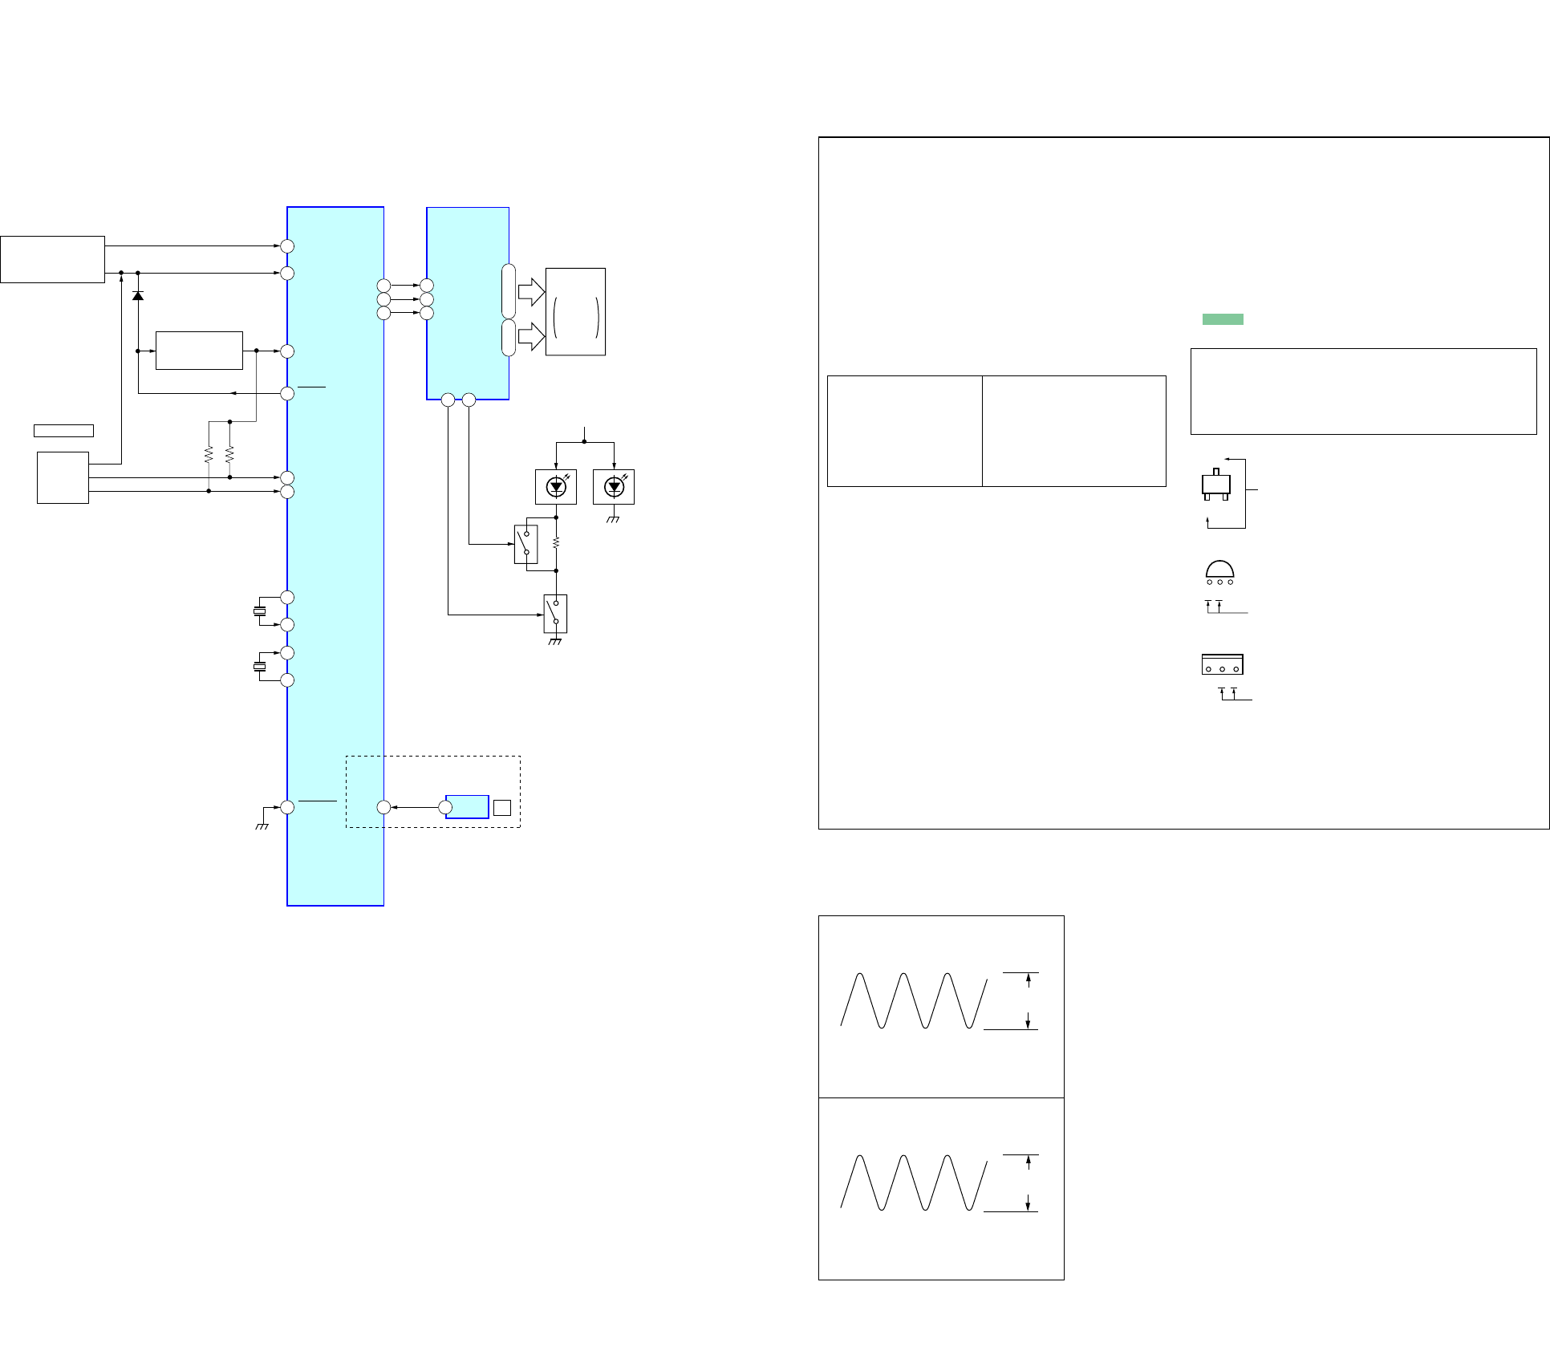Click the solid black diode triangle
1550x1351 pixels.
pos(138,296)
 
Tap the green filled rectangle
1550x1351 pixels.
pos(1223,319)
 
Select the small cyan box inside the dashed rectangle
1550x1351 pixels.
pos(467,807)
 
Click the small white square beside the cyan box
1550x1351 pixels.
pos(502,808)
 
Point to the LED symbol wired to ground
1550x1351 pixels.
pos(614,487)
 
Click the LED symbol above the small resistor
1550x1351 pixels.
pos(556,487)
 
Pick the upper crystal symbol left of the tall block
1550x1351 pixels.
pos(260,611)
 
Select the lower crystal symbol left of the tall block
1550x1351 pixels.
pos(260,667)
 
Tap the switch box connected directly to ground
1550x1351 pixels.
pos(555,614)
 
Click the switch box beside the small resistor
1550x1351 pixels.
pos(525,544)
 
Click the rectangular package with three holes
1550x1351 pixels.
pos(1222,664)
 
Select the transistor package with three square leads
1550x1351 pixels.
pos(1216,485)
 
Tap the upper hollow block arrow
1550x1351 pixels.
pos(531,291)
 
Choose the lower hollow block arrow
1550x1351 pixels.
pos(531,336)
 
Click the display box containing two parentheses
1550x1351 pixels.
pos(575,312)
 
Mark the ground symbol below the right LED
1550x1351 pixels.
pos(614,519)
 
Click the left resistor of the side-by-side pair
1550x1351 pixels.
pos(209,455)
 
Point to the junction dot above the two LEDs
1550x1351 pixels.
pos(584,442)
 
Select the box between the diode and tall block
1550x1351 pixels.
pos(199,351)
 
